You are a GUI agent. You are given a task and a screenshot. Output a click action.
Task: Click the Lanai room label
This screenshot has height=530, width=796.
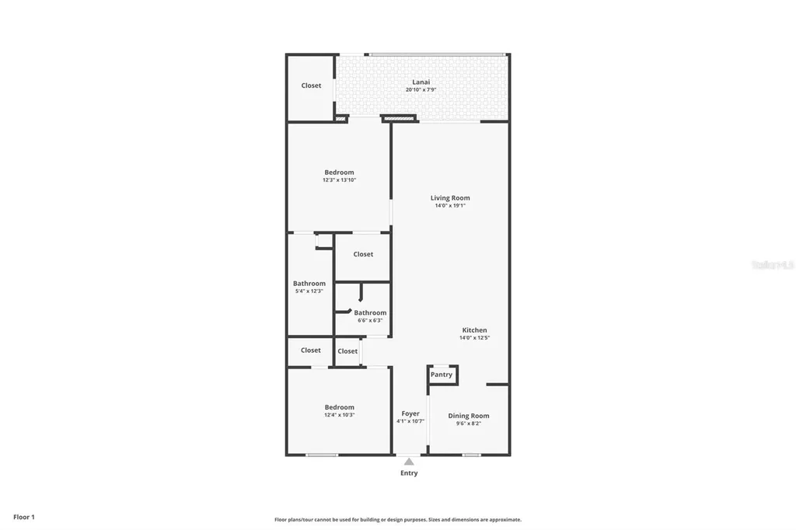coord(421,82)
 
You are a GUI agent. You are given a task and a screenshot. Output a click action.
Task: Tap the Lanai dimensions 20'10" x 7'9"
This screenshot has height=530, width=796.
coord(421,89)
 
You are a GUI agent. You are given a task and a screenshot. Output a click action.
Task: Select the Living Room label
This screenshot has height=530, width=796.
coord(450,197)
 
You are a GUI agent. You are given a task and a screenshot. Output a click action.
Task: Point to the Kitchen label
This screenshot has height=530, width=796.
coord(473,330)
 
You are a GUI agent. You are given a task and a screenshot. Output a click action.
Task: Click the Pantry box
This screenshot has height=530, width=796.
coord(442,375)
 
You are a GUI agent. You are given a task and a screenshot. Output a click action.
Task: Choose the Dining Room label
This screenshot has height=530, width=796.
coord(469,416)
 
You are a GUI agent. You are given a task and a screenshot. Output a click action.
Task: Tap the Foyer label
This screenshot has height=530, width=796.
coord(410,413)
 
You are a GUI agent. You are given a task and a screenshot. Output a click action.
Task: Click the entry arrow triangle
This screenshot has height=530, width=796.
coord(409,462)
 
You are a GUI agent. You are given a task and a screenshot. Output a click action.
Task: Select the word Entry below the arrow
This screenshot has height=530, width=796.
coord(409,473)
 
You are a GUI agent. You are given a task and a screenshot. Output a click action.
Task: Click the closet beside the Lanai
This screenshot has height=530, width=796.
coord(311,85)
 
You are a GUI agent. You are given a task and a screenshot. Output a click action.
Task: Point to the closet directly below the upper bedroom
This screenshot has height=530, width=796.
coord(363,254)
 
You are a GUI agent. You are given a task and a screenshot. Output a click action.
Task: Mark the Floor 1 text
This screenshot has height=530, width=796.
coord(24,517)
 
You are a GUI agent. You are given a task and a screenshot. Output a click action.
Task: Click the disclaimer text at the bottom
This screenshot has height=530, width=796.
coord(397,520)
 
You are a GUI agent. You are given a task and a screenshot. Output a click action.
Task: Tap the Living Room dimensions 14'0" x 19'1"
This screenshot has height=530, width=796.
coord(450,206)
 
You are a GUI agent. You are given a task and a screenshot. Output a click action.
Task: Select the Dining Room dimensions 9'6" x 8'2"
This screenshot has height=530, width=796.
coord(469,424)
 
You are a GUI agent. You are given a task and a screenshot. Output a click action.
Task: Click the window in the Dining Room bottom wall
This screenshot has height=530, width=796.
coord(471,455)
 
